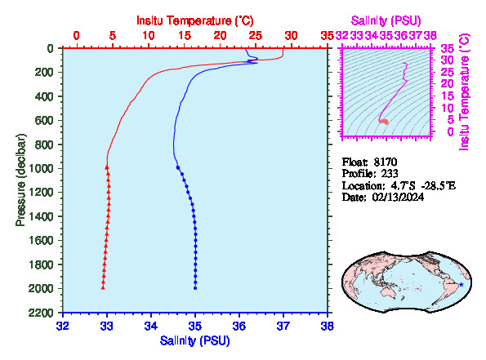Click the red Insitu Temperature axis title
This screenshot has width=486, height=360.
(x=195, y=20)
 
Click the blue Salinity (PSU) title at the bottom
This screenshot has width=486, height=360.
(x=195, y=340)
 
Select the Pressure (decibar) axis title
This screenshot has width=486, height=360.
(x=20, y=180)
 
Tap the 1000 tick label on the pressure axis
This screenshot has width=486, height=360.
(x=42, y=168)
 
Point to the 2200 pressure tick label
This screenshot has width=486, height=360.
(x=42, y=313)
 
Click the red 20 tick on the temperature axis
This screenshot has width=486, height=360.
(x=220, y=36)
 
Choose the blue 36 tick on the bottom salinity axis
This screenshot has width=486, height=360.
(x=239, y=326)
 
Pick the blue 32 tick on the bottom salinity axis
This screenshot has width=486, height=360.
(x=63, y=326)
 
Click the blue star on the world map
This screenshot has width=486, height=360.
(x=461, y=284)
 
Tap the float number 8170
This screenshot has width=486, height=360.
(x=386, y=162)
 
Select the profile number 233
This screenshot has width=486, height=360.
(x=390, y=174)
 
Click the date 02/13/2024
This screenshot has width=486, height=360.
(x=398, y=198)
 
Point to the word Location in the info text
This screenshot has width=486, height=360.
(x=362, y=186)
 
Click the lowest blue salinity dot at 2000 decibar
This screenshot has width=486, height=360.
(x=195, y=288)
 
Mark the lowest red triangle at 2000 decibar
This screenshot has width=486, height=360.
(x=103, y=288)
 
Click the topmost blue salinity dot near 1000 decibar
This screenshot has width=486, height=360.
(x=178, y=167)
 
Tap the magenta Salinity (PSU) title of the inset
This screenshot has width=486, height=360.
(x=386, y=20)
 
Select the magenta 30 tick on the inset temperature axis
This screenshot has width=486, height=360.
(x=448, y=60)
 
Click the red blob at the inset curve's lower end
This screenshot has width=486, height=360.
(x=384, y=122)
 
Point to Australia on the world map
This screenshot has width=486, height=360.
(x=388, y=292)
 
